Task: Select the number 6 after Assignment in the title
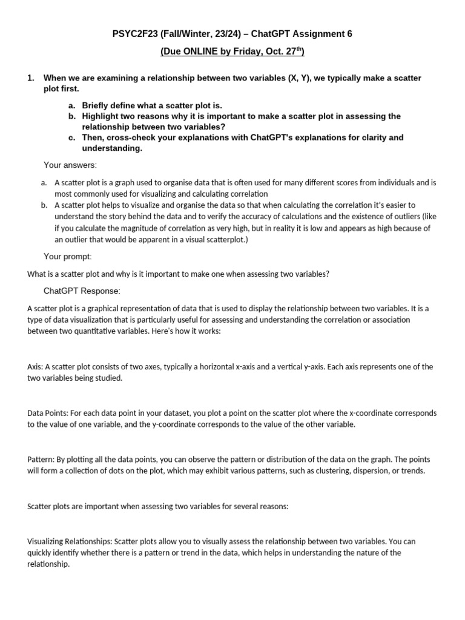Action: tap(349, 34)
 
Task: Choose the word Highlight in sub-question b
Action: tap(102, 116)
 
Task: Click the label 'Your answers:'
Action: tap(70, 165)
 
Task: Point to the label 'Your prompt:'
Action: tap(68, 257)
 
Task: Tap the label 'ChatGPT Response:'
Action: tap(82, 291)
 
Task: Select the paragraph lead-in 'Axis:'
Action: tap(35, 367)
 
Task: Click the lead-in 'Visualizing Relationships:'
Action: tap(69, 541)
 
